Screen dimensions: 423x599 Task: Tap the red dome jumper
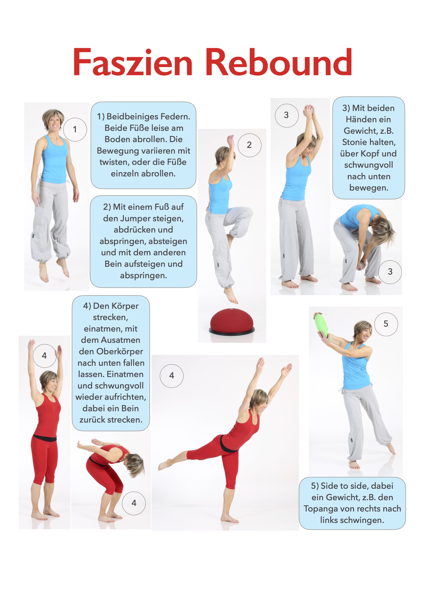click(x=232, y=321)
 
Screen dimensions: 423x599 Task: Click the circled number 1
click(x=75, y=129)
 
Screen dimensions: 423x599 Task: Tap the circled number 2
click(x=249, y=145)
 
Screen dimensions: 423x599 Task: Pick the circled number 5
click(x=386, y=324)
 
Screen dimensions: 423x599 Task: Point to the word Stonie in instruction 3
click(x=354, y=142)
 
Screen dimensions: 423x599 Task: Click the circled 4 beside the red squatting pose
click(x=134, y=503)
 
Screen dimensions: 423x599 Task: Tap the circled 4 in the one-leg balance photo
click(x=172, y=376)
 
